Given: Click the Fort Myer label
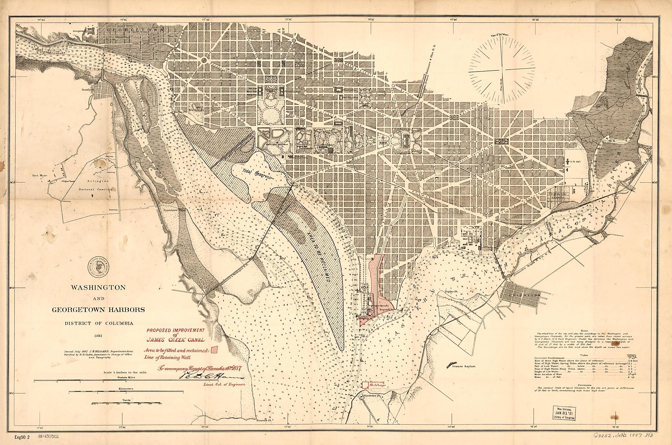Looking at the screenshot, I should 39,176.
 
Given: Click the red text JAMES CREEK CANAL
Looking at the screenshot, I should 176,340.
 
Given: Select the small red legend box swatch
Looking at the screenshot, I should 215,350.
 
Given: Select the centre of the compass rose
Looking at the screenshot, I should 502,70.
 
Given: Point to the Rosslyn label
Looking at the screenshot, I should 88,89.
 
